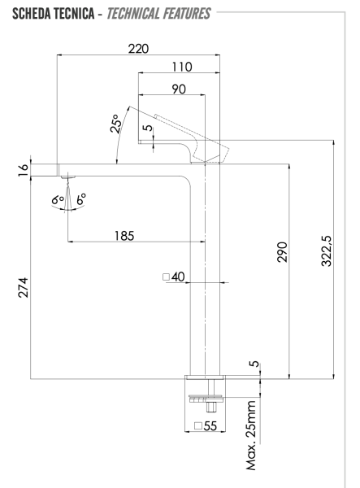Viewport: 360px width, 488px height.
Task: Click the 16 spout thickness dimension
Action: (23, 168)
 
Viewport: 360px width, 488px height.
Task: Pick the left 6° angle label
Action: (57, 198)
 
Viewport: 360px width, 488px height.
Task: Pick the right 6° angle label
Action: (80, 198)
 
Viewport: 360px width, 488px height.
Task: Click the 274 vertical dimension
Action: (23, 288)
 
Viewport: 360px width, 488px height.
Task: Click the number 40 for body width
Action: (179, 277)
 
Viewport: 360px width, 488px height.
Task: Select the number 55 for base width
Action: (212, 426)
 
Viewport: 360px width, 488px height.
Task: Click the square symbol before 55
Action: (199, 426)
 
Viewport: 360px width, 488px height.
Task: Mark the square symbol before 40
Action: (167, 277)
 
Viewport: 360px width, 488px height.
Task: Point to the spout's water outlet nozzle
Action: (68, 176)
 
